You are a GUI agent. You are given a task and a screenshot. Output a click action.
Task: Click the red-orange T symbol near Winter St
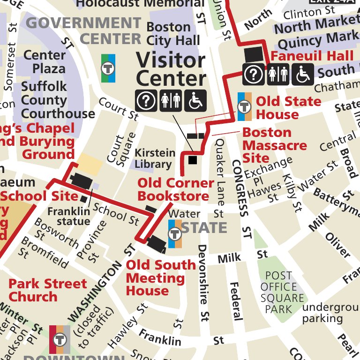(60, 339)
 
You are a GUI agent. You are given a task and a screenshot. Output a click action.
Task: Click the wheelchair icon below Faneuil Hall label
(302, 75)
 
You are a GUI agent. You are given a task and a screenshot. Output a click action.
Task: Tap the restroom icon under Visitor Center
(170, 101)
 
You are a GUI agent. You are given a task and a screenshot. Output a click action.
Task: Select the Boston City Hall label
(173, 33)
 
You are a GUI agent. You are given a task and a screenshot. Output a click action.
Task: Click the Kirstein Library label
(155, 158)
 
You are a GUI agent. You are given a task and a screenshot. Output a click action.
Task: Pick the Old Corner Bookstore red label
(175, 189)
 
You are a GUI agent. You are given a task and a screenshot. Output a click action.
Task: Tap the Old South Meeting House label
(161, 278)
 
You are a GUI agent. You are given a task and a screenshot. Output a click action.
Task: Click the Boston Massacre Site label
(274, 145)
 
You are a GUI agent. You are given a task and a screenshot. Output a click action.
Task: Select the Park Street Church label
(47, 290)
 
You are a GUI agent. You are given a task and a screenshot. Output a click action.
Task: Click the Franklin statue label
(68, 216)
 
